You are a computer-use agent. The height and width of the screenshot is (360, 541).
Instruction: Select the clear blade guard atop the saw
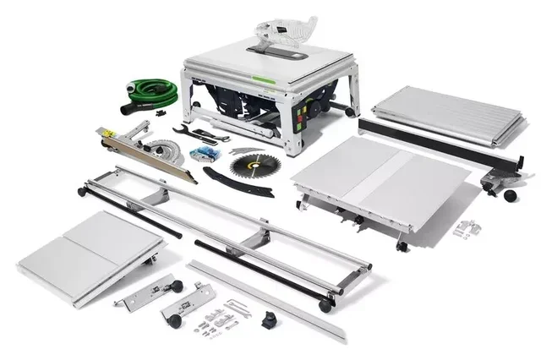[286, 31]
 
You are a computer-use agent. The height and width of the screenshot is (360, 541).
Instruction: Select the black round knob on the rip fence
[510, 195]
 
